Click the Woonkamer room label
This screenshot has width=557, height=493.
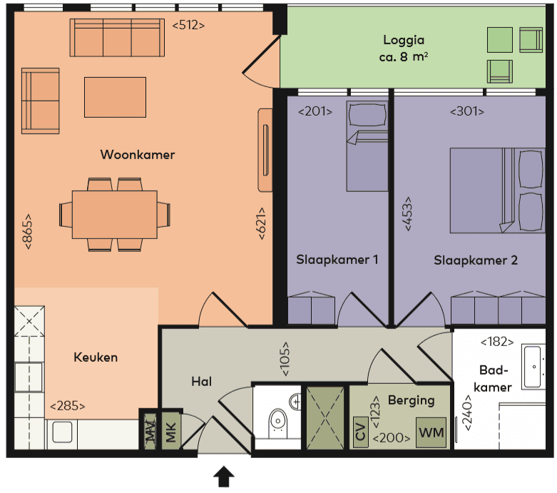click(x=138, y=155)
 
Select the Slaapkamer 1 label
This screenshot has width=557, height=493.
click(x=337, y=260)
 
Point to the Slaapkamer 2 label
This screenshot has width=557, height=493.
click(x=476, y=260)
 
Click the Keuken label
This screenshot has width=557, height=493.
click(x=96, y=357)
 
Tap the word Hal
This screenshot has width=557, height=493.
click(x=202, y=382)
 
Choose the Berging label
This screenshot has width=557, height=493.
click(x=411, y=400)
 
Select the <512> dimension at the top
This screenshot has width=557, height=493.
click(x=189, y=25)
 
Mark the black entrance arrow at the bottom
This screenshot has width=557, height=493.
click(x=225, y=475)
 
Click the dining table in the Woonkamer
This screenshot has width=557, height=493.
click(x=115, y=215)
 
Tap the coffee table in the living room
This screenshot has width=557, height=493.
click(x=115, y=97)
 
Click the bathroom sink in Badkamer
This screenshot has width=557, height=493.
click(x=533, y=365)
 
